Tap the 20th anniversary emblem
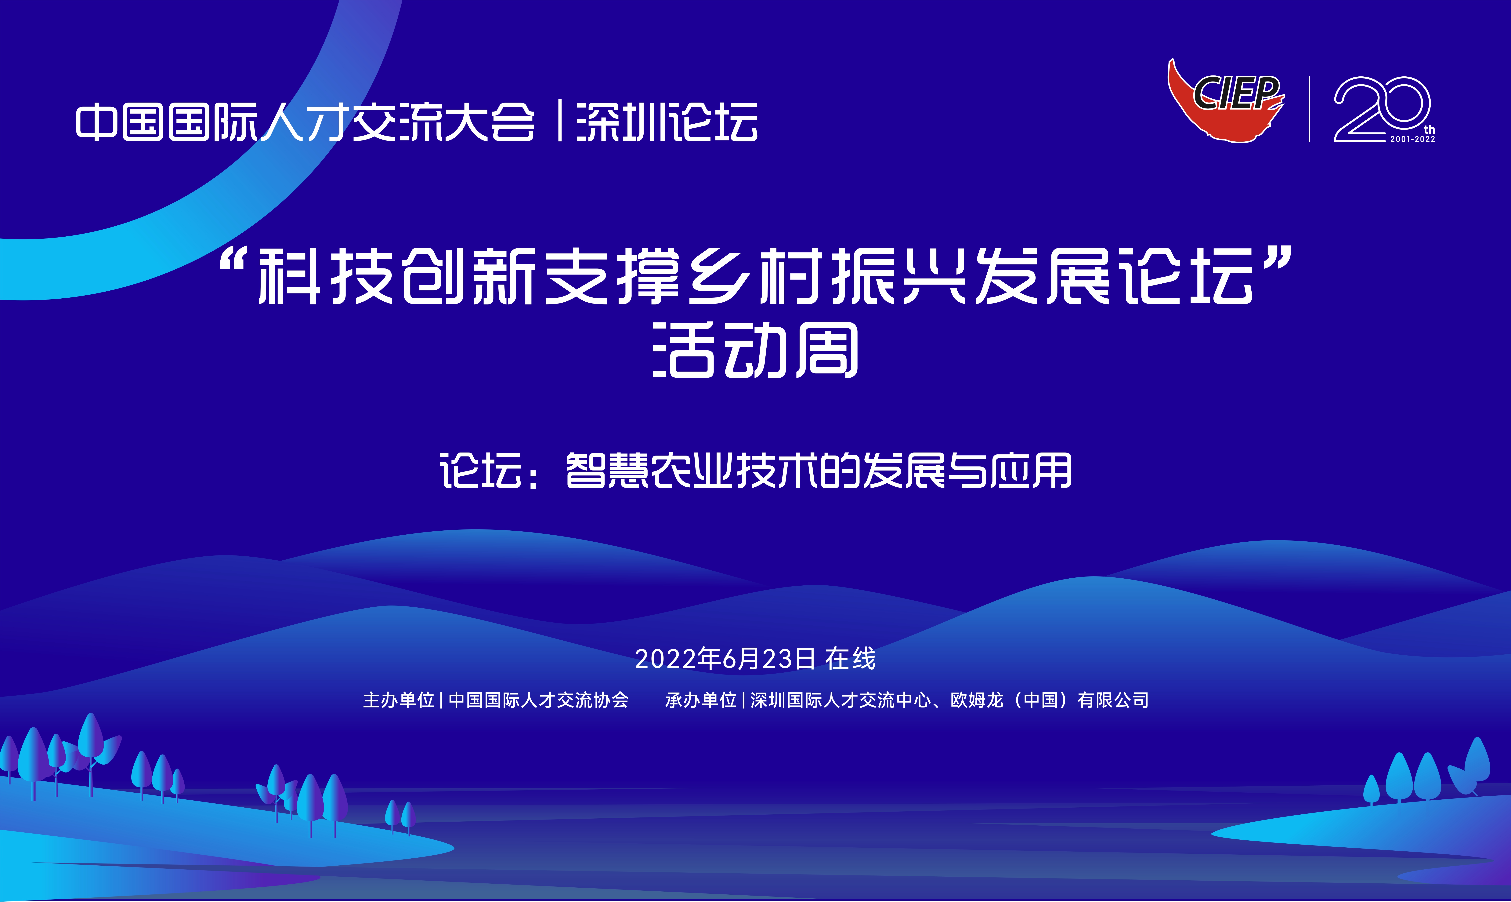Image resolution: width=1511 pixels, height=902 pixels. [1384, 109]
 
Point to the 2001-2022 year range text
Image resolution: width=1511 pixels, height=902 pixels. [1413, 139]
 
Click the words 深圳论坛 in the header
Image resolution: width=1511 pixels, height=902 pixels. [667, 122]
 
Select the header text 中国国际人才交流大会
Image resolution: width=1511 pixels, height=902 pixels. [305, 122]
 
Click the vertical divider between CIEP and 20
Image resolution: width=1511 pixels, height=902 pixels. [1309, 109]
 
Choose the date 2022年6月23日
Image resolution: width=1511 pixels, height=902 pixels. [725, 659]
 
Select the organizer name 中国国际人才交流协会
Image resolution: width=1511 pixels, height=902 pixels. [538, 700]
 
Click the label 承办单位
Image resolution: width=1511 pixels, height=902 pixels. [700, 700]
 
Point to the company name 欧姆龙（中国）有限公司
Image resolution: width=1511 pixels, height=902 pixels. [1049, 700]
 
